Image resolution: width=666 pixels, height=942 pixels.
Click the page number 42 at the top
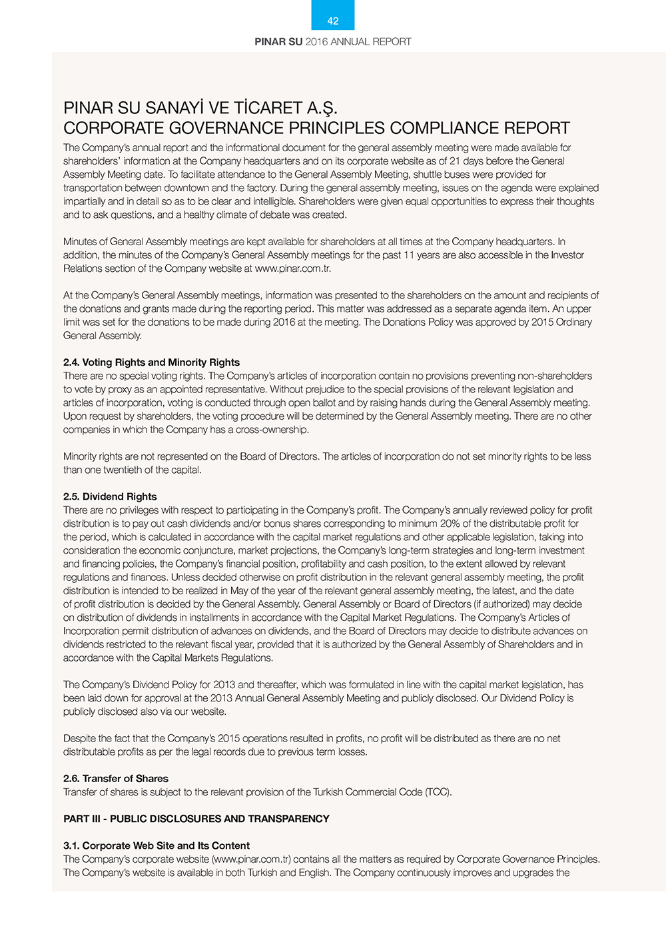point(333,21)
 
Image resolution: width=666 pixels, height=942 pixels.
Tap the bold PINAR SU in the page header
point(278,42)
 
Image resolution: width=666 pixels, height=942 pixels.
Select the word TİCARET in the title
point(266,108)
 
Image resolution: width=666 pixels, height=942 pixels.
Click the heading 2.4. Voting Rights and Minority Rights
point(151,362)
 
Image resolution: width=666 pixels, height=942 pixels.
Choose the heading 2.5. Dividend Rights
point(110,496)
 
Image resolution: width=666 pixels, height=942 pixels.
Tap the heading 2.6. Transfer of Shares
point(116,778)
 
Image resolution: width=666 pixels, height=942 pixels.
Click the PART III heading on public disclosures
point(196,819)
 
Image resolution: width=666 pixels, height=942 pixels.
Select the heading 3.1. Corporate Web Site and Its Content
point(157,845)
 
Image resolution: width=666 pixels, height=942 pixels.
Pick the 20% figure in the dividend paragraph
point(451,524)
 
